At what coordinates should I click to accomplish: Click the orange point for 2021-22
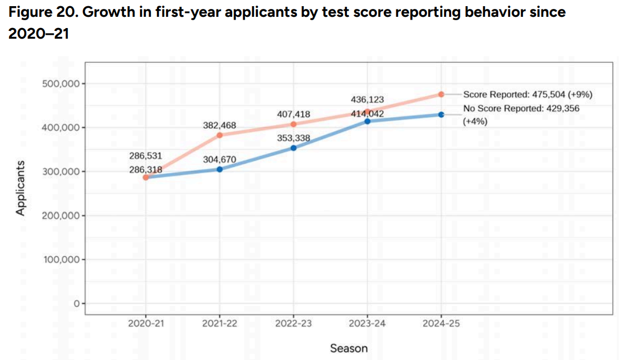(x=220, y=135)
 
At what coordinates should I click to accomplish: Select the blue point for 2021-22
(x=220, y=169)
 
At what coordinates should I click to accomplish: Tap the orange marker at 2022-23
(x=293, y=124)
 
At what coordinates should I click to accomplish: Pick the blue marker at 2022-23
(x=293, y=148)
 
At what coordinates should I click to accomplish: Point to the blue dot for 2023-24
(x=367, y=122)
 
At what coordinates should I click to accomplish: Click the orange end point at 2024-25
(x=441, y=95)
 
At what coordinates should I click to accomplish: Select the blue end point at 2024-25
(x=441, y=115)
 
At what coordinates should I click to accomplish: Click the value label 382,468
(x=219, y=126)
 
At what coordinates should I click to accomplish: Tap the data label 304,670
(x=219, y=159)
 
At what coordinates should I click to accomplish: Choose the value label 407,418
(x=293, y=114)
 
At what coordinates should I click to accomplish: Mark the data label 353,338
(x=293, y=138)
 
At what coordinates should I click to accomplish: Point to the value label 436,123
(x=367, y=100)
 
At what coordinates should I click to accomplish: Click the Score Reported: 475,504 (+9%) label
(x=528, y=95)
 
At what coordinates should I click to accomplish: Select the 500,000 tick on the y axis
(x=61, y=84)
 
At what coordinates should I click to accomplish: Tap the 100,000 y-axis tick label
(x=61, y=260)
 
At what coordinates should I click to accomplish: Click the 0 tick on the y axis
(x=77, y=303)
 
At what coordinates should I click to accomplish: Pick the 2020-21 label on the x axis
(x=146, y=324)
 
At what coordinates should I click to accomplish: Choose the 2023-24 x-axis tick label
(x=367, y=324)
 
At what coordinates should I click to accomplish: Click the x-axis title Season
(x=349, y=349)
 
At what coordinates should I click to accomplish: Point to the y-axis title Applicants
(x=20, y=188)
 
